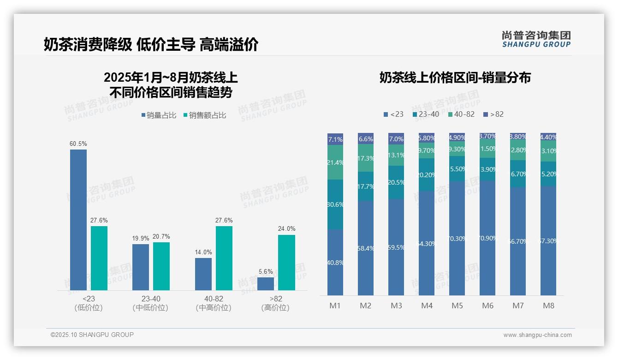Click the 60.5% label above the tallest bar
coord(78,144)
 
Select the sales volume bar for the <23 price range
coord(78,220)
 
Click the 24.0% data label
coord(286,229)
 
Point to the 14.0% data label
coord(203,252)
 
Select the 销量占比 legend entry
coord(159,115)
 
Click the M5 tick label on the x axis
coord(457,306)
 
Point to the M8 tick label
coord(548,306)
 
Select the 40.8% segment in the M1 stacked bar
coord(335,262)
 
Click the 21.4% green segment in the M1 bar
coord(335,162)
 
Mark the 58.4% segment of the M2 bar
coord(366,248)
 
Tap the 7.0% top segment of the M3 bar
coord(396,138)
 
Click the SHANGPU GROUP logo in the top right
coord(536,39)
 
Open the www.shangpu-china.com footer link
coord(537,335)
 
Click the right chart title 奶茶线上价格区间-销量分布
coord(455,78)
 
